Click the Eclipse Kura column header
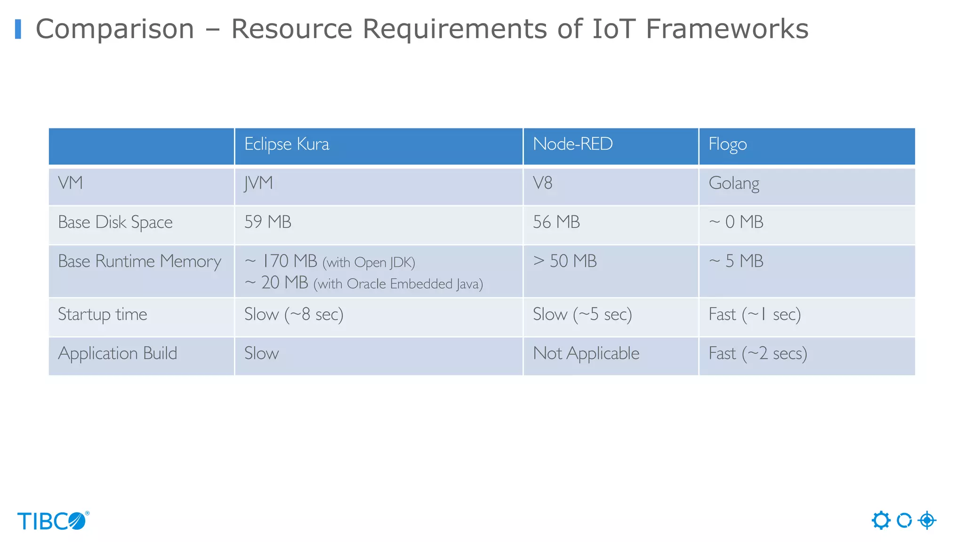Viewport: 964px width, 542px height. pos(287,144)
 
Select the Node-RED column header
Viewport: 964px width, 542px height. pos(572,144)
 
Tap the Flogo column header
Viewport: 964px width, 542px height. pos(728,144)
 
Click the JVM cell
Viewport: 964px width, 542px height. pos(258,183)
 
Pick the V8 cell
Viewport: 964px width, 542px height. pos(542,183)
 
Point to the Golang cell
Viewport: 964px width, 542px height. pos(734,183)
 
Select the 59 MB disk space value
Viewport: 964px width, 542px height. pos(268,222)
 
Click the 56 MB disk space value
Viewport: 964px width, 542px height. pos(556,222)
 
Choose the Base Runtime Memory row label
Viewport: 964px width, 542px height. pos(139,262)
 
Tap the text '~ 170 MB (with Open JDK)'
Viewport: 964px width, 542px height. pos(329,262)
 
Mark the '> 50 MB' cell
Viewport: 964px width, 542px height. pos(565,261)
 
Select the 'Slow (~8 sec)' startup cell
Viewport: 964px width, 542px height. pos(294,314)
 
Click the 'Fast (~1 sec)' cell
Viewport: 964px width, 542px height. pos(755,314)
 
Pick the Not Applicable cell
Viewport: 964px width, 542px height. pos(586,353)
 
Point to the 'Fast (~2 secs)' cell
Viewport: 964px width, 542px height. pos(758,353)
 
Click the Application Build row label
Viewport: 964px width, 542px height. pos(118,353)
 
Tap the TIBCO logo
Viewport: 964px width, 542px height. pos(53,521)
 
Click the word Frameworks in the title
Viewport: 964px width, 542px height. pos(727,29)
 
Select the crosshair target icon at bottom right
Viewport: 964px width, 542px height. pos(927,520)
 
